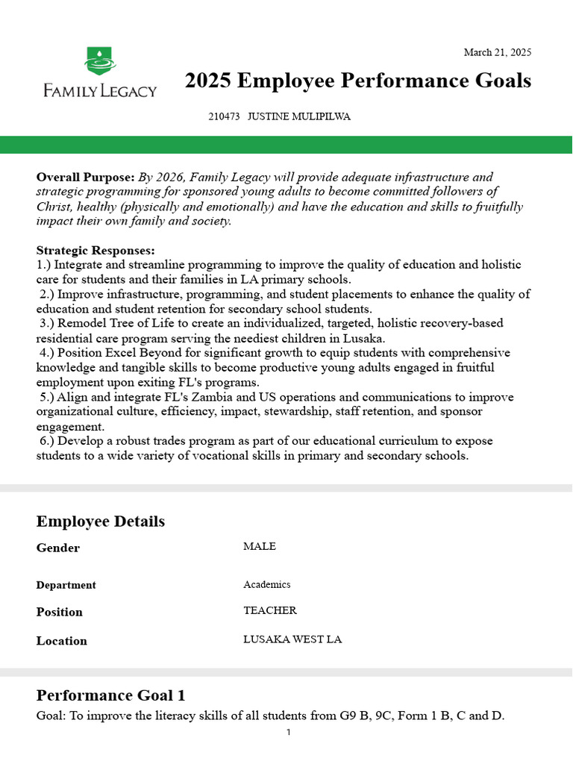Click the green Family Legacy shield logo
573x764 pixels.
(x=100, y=60)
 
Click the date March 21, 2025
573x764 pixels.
(x=497, y=52)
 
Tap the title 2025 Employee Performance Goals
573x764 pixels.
(x=358, y=81)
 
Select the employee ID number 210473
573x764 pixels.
(x=224, y=117)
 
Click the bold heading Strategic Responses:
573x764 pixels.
(x=95, y=251)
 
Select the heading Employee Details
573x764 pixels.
(x=101, y=522)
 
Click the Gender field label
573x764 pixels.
(x=58, y=548)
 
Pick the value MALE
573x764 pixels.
(x=260, y=547)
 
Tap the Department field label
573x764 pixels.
(x=66, y=586)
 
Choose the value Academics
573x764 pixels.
(x=267, y=585)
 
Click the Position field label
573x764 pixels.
(x=60, y=613)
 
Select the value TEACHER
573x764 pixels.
(x=270, y=611)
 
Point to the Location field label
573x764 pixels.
(x=62, y=641)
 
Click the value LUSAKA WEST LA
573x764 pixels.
(x=292, y=640)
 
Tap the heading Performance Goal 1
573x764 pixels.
(x=110, y=695)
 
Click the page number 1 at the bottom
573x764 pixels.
(x=288, y=733)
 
